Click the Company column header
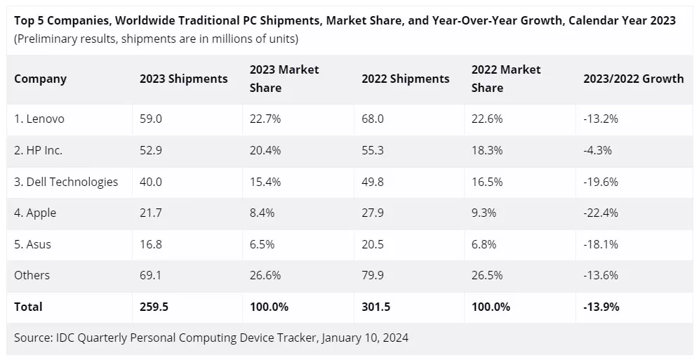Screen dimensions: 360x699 pyautogui.click(x=40, y=79)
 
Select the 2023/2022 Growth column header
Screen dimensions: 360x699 pyautogui.click(x=633, y=79)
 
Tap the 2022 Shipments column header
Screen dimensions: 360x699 pyautogui.click(x=405, y=79)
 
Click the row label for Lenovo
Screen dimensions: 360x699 pyautogui.click(x=39, y=119)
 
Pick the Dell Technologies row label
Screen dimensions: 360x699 pyautogui.click(x=66, y=182)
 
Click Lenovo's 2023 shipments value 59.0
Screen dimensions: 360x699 pyautogui.click(x=150, y=119)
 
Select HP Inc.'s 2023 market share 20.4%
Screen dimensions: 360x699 pyautogui.click(x=265, y=150)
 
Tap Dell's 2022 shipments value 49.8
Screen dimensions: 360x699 pyautogui.click(x=373, y=182)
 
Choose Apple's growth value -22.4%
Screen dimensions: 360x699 pyautogui.click(x=601, y=213)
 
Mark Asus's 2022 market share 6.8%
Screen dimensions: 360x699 pyautogui.click(x=484, y=244)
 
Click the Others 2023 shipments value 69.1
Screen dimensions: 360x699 pyautogui.click(x=150, y=275)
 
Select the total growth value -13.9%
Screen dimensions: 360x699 pyautogui.click(x=601, y=307)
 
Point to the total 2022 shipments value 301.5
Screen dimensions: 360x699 pyautogui.click(x=375, y=307)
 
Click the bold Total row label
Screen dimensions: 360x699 pyautogui.click(x=28, y=307)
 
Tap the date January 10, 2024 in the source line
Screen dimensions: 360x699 pyautogui.click(x=365, y=338)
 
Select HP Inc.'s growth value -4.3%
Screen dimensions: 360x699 pyautogui.click(x=598, y=150)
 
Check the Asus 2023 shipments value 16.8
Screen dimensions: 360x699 pyautogui.click(x=150, y=244)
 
